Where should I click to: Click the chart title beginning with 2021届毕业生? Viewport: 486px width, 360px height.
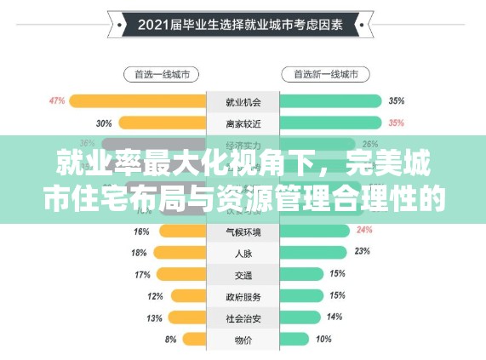243,26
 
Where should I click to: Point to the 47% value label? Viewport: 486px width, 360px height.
57,101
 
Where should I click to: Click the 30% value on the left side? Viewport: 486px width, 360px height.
104,123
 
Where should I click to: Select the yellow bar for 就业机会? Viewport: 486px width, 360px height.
138,101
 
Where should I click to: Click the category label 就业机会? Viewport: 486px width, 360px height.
243,102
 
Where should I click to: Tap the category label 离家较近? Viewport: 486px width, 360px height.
243,123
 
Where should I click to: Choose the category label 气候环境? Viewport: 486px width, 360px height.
243,231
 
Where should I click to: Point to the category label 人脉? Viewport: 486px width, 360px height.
243,253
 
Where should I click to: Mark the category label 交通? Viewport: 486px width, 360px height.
243,275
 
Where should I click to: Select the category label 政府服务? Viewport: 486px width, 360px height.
243,296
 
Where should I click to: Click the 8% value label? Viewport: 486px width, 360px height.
171,340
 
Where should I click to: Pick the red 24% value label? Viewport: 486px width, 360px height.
364,230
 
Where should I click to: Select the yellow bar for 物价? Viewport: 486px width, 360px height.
194,340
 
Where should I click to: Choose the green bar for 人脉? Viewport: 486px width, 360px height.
312,253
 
